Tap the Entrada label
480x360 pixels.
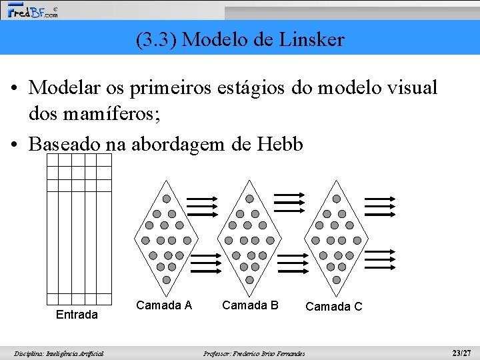click(x=77, y=314)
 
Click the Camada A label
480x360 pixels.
click(x=164, y=305)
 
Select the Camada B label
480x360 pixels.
click(x=250, y=305)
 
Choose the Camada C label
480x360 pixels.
click(x=334, y=307)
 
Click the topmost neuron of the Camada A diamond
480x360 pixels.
click(x=167, y=199)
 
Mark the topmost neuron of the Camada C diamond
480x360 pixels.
click(x=337, y=199)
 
